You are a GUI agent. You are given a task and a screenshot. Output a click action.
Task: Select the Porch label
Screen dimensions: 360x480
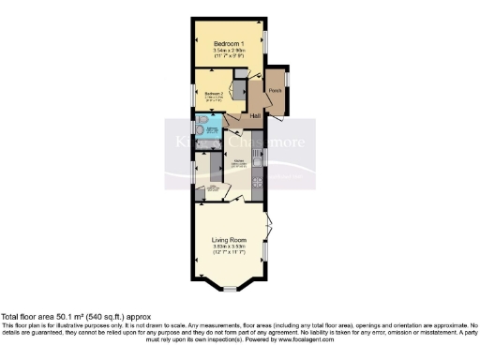275,90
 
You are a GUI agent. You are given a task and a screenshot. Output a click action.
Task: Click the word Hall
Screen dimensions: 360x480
255,115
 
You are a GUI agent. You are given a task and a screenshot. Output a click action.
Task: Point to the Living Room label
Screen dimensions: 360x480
230,240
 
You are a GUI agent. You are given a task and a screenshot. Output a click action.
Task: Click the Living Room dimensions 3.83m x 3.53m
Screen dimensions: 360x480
230,247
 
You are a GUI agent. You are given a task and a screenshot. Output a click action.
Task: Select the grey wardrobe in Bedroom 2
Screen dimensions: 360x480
240,91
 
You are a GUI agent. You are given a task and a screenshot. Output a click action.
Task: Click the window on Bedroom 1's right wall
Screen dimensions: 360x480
264,42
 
